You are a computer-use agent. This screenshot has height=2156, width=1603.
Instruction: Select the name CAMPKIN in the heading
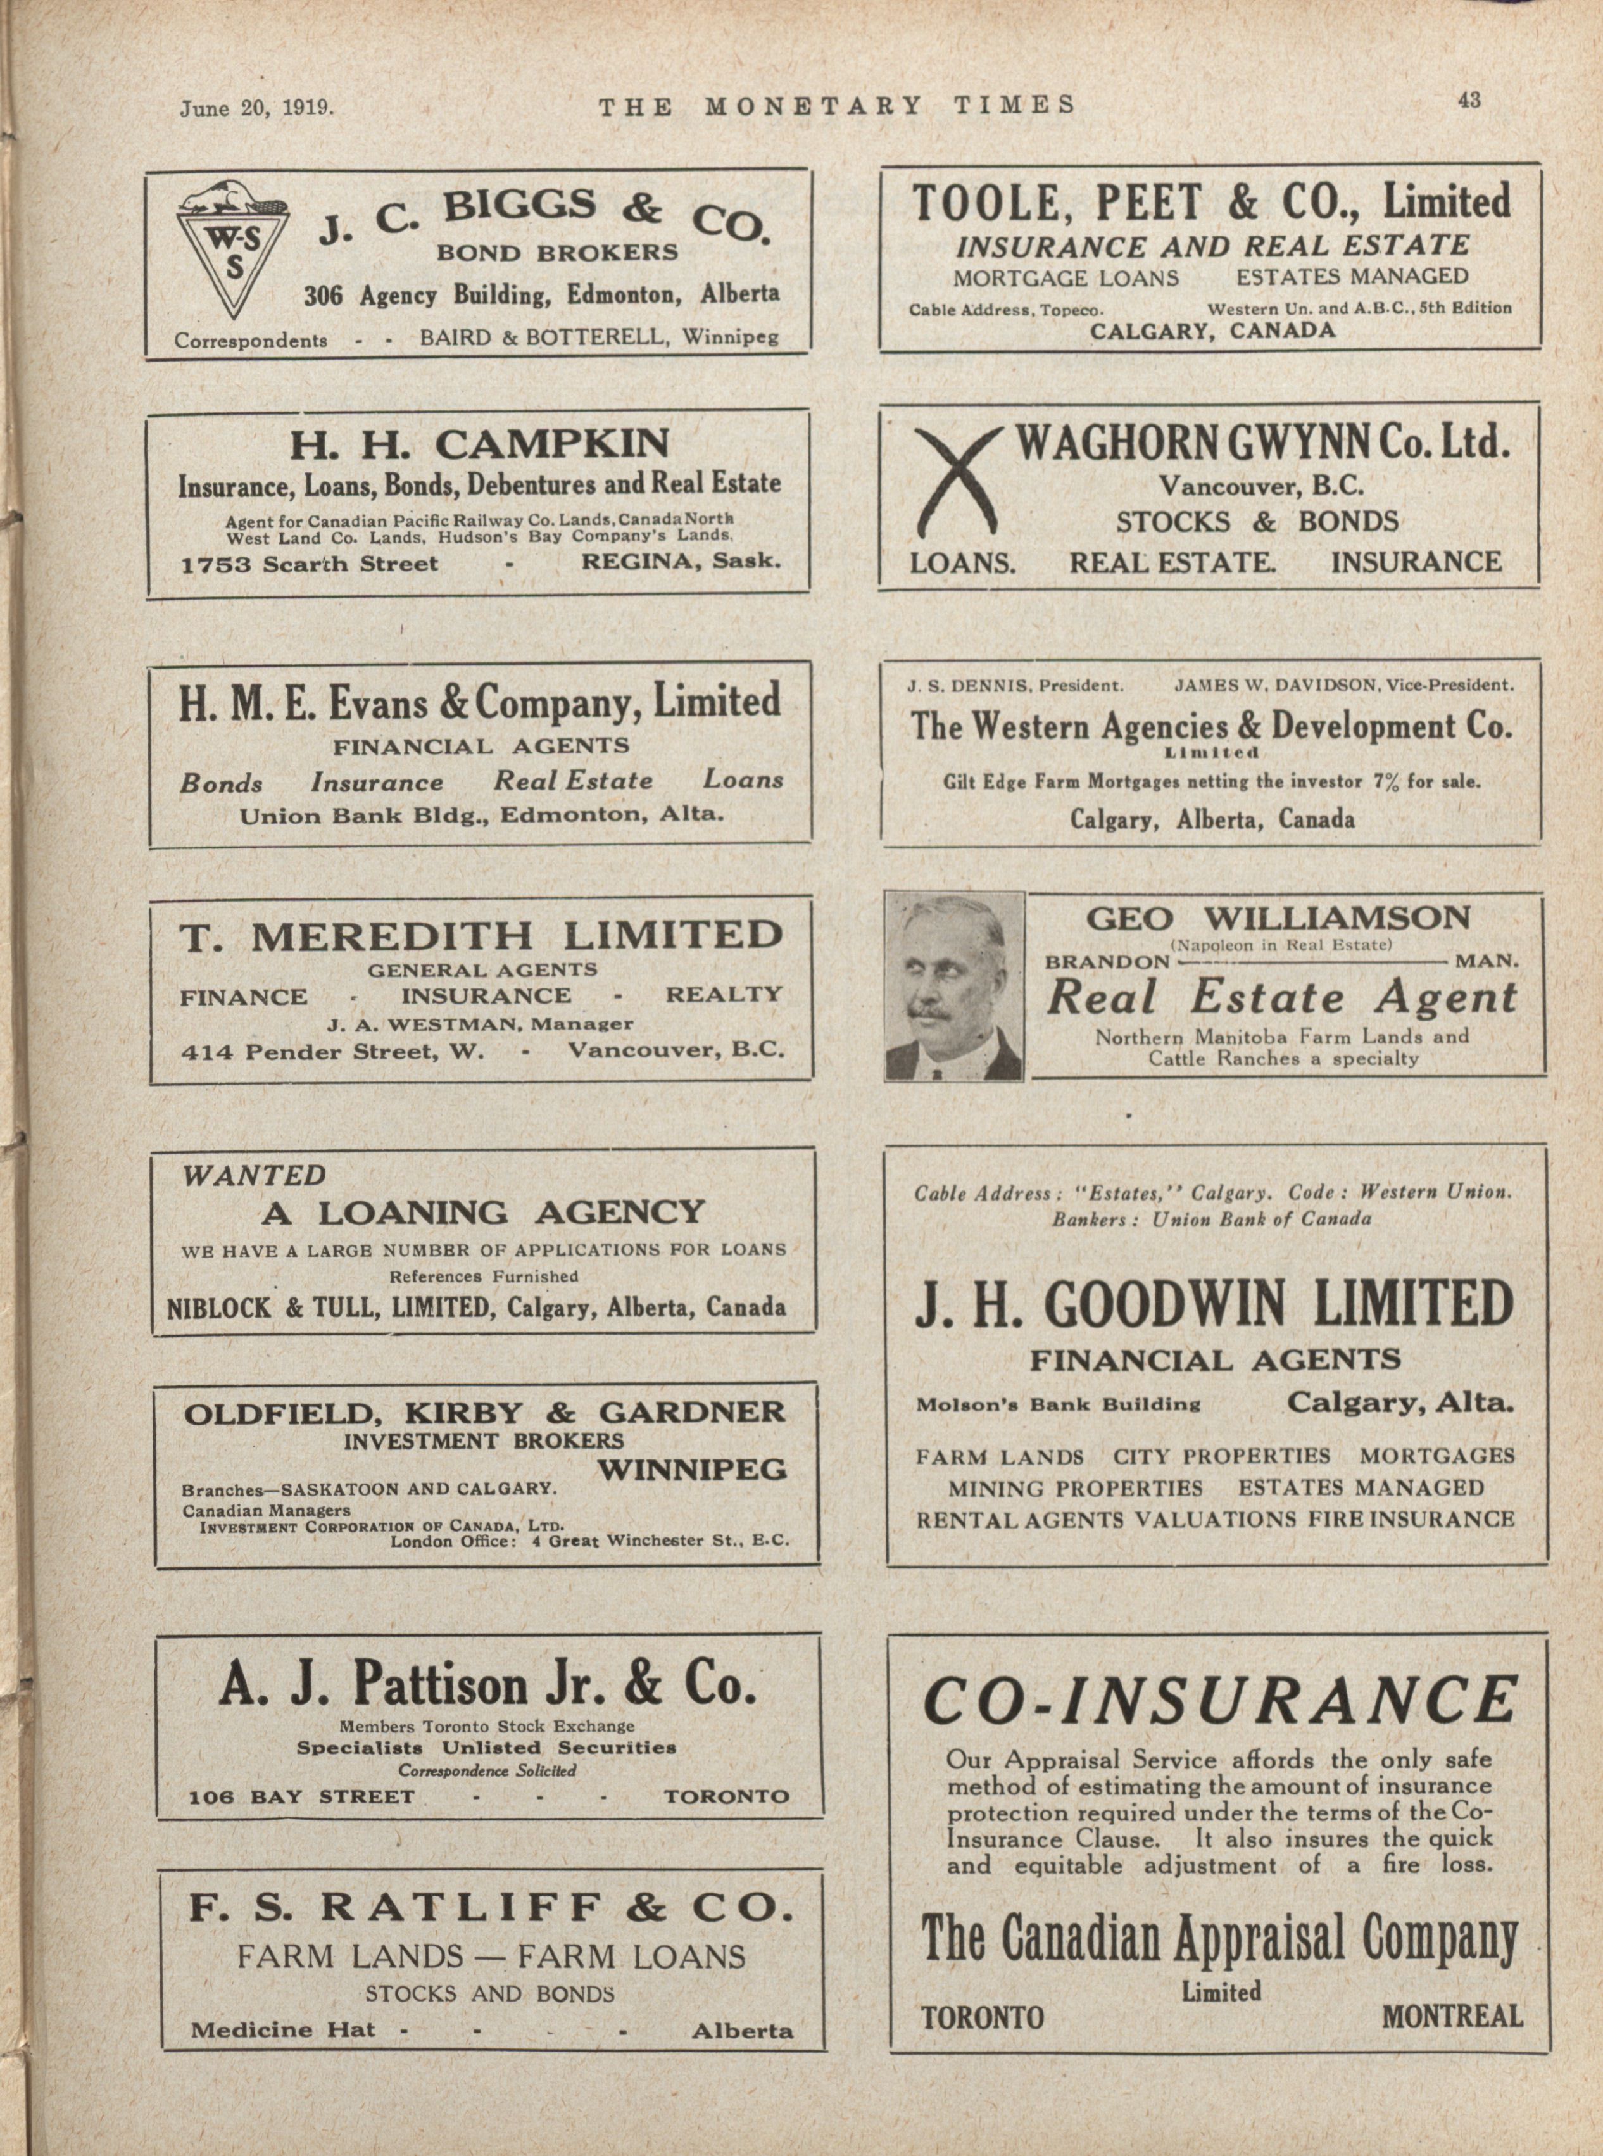click(552, 444)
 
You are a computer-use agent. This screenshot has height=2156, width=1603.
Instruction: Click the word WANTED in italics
click(255, 1175)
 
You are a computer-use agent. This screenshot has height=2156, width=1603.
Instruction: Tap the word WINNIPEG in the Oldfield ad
click(691, 1471)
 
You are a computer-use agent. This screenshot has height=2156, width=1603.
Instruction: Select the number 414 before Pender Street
click(206, 1049)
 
